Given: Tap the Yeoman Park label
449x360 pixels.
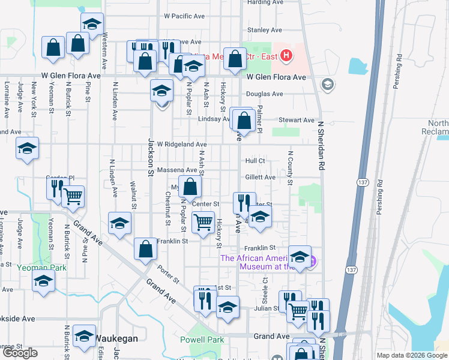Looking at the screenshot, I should (x=41, y=267).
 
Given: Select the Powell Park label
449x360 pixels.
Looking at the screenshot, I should (x=202, y=340).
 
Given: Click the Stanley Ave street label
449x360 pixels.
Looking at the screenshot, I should (x=265, y=29).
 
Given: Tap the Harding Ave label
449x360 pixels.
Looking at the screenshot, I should (x=265, y=2).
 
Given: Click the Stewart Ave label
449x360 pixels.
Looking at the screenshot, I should (x=284, y=120).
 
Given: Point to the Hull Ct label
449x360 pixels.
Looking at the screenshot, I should (x=255, y=161).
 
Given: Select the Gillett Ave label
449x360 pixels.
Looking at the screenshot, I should (x=260, y=177).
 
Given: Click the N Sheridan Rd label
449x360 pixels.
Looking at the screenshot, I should (x=321, y=146).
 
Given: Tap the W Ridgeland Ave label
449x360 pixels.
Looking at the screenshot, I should (x=181, y=145).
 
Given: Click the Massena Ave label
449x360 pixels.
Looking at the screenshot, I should (x=177, y=170).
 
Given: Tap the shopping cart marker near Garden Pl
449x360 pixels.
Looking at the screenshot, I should (x=73, y=196).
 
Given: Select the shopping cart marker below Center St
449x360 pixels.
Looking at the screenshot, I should (x=203, y=222).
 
